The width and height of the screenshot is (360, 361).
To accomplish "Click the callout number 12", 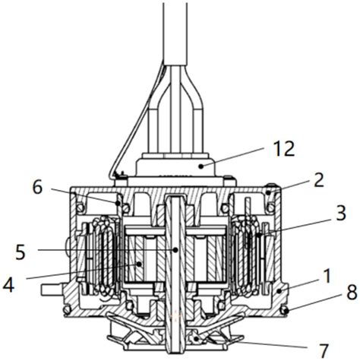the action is tap(285, 149).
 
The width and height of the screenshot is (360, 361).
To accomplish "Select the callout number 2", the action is tap(319, 180).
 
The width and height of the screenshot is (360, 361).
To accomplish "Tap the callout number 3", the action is tap(341, 213).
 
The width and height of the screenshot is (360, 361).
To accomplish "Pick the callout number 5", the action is tap(21, 252).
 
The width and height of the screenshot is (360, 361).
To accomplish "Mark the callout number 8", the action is tap(352, 293).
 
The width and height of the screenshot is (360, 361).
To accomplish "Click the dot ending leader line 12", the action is tap(201, 166).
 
